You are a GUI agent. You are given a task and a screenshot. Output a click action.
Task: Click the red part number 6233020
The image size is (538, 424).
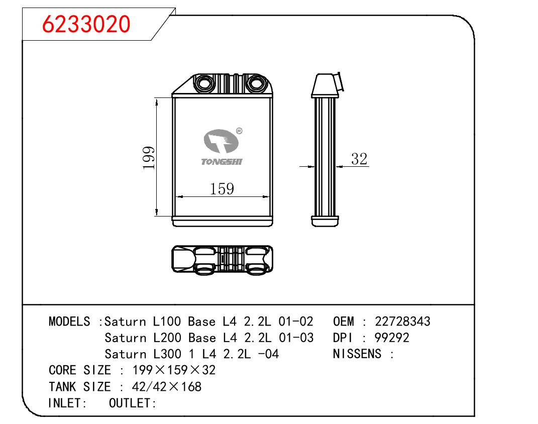pos(86,24)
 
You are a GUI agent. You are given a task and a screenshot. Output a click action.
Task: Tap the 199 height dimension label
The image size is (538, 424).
pos(149,158)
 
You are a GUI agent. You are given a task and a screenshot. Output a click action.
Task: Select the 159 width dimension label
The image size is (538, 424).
pos(222,189)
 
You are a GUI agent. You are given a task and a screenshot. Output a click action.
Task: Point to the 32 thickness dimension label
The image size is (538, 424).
pos(359,159)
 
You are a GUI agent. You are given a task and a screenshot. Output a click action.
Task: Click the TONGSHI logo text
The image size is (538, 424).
pos(222,162)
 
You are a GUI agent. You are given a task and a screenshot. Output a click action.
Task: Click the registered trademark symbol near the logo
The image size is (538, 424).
pos(239,131)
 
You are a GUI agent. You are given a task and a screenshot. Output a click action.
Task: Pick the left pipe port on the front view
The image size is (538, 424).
pos(204,83)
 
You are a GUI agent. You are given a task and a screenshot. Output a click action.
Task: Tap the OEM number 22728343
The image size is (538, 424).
pos(402,322)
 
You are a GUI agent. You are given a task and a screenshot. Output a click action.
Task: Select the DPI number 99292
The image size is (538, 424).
pos(392,338)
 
